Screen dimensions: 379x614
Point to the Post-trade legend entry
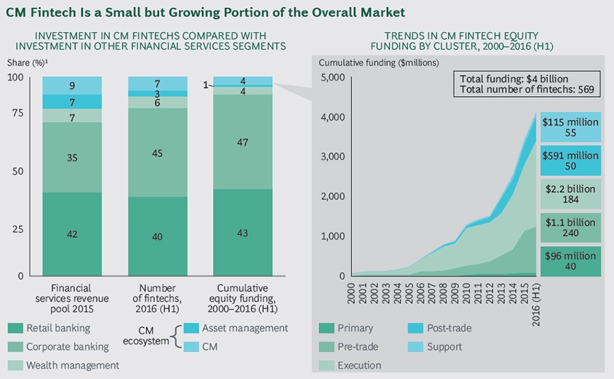[x=447, y=329]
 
